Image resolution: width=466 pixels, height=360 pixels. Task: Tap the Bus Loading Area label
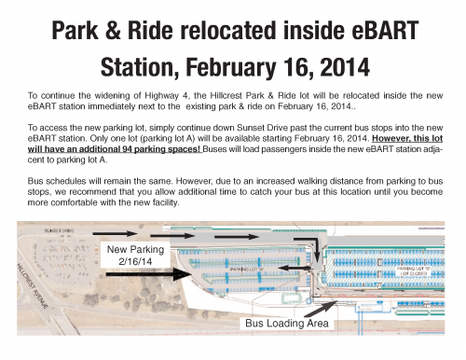pos(285,325)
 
